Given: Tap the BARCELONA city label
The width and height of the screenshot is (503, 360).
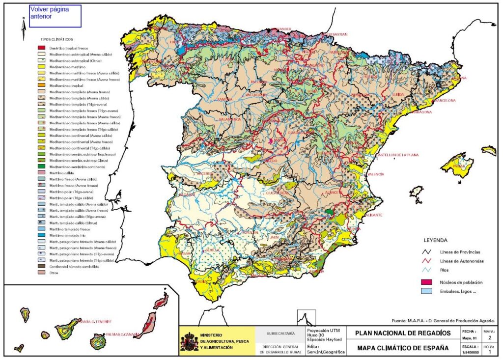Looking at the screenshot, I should coord(445,100).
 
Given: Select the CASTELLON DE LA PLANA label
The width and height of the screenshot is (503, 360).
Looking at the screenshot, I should coord(396,155).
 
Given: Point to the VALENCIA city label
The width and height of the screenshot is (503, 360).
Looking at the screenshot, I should coord(375,174).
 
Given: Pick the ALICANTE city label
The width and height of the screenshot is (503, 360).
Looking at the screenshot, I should coord(373,215).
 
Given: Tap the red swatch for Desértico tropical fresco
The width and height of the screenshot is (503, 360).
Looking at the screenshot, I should coord(42,48).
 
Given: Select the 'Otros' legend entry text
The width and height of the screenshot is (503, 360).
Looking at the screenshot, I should coord(54,273).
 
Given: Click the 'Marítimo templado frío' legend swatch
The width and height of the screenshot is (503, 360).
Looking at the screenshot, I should coord(42,235).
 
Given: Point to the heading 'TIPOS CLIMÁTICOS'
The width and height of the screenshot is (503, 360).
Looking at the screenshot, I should coord(56,39).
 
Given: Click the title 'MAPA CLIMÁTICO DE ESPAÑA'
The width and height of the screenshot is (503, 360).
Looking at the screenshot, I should coord(403,348).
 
